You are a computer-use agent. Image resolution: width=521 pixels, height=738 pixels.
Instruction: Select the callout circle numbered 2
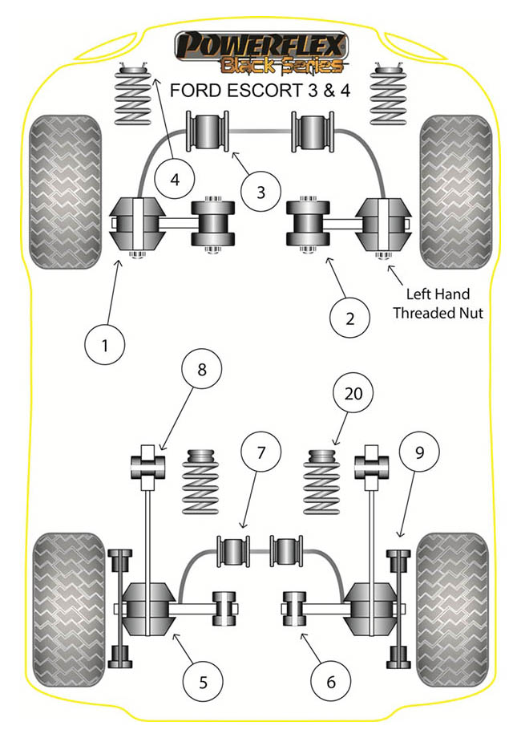pos(350,318)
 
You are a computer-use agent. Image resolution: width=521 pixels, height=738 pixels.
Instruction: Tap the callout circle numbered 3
pos(260,192)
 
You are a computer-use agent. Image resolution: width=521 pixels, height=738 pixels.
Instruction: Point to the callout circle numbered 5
pos(202,682)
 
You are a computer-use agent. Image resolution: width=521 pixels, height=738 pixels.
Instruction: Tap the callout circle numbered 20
pos(353,393)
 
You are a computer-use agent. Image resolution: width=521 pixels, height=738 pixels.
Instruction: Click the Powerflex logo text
pos(262,43)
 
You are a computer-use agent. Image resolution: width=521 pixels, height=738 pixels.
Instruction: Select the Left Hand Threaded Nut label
pos(438,302)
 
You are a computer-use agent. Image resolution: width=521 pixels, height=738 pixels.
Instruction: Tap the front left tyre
pos(65,191)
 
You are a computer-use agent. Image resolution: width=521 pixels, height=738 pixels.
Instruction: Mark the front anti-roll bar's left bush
pos(208,132)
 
